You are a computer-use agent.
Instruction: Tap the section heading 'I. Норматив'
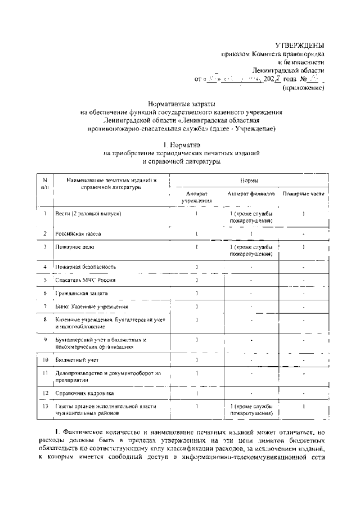click(180, 145)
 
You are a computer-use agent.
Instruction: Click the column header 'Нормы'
click(249, 181)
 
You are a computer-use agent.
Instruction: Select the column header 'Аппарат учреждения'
click(196, 196)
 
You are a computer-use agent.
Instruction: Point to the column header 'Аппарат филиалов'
click(251, 193)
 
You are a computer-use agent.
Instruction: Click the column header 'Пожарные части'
click(304, 193)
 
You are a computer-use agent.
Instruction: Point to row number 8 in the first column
click(44, 319)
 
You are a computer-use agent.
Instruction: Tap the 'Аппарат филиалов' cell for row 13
click(251, 409)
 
